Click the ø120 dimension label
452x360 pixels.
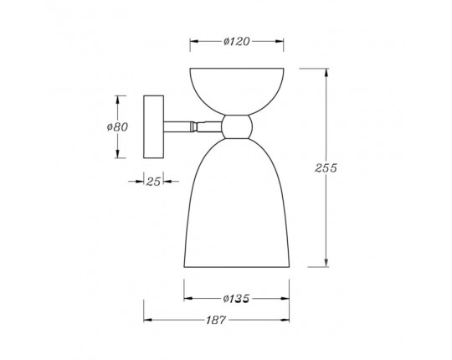point(236,42)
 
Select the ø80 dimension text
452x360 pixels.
point(117,126)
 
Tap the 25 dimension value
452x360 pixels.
point(153,182)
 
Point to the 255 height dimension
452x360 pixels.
point(326,167)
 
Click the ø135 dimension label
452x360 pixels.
point(236,299)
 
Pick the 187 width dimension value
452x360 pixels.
point(216,320)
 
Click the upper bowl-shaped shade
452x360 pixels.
point(237,91)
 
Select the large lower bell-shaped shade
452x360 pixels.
point(237,203)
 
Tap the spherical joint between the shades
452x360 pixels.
point(237,126)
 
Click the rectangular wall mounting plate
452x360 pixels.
point(154,126)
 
